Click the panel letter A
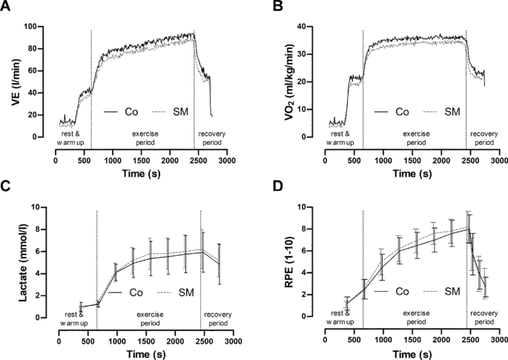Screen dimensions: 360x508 [7, 7]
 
